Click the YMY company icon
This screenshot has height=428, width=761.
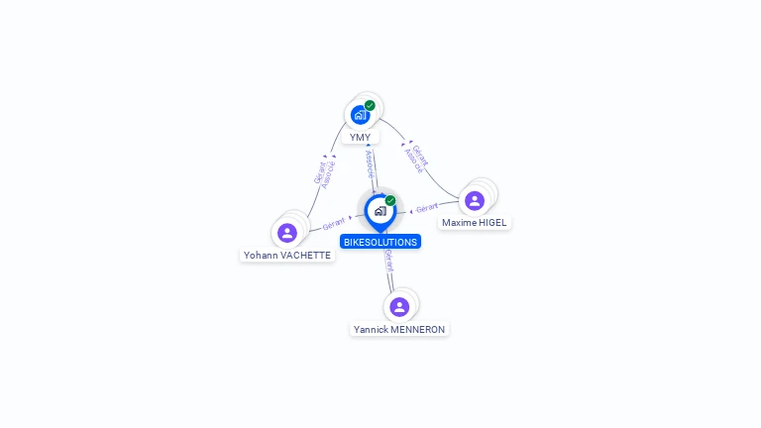click(x=360, y=115)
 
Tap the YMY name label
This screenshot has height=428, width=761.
click(x=360, y=138)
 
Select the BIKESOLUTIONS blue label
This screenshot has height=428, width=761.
click(x=380, y=242)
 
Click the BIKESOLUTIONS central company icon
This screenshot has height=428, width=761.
click(x=380, y=211)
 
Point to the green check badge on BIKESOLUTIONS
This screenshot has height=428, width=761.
click(x=390, y=201)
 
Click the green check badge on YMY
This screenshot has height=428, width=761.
click(x=370, y=105)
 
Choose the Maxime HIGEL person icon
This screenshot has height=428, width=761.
click(x=475, y=200)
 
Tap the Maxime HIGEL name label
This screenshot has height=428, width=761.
click(x=474, y=223)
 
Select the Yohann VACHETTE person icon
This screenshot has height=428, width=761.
click(x=287, y=233)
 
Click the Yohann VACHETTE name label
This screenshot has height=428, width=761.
click(x=287, y=255)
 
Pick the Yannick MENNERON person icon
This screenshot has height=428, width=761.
click(x=399, y=306)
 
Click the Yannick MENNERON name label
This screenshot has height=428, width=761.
click(x=399, y=329)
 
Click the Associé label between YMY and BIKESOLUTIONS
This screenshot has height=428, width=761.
click(x=370, y=160)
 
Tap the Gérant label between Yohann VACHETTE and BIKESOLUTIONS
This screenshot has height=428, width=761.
click(x=334, y=224)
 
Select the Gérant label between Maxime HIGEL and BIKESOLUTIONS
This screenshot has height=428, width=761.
click(x=427, y=208)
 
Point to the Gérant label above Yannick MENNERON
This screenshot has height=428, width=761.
click(x=389, y=262)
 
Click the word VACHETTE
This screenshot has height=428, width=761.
click(x=306, y=255)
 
